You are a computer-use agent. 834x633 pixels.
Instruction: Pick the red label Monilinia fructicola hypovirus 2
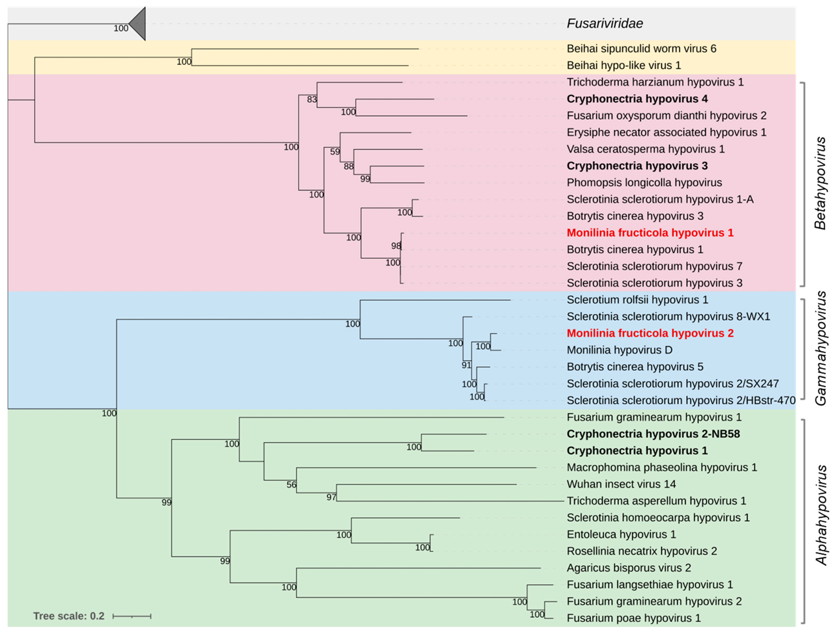point(650,333)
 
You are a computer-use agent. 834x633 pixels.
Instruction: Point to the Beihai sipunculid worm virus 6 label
point(641,49)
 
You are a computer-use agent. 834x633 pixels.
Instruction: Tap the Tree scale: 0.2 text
point(69,616)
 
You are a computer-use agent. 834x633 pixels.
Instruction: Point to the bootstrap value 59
point(335,152)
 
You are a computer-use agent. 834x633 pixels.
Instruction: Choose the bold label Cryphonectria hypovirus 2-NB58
point(653,434)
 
